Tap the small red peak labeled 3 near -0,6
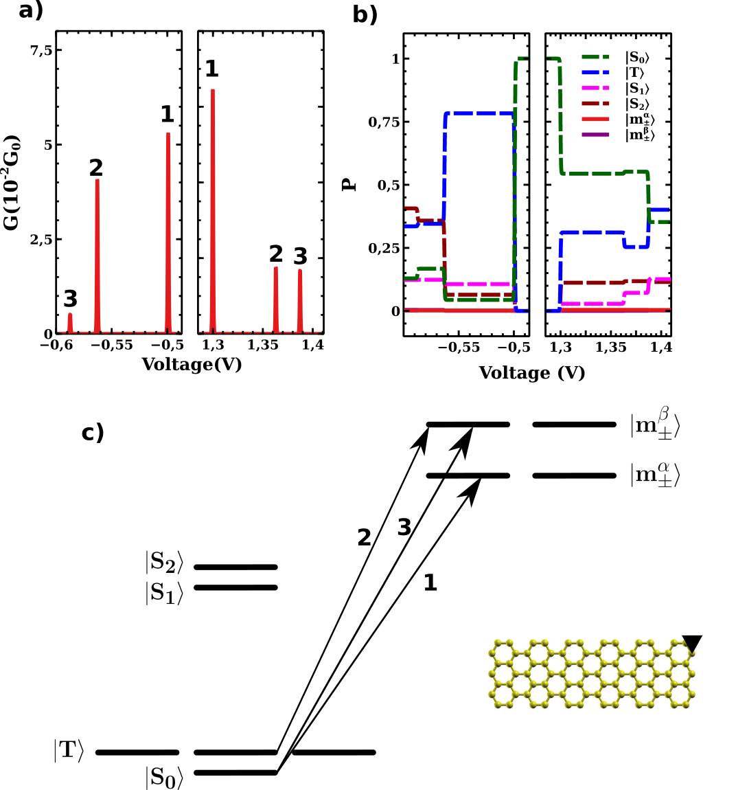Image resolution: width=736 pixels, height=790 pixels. [x=70, y=323]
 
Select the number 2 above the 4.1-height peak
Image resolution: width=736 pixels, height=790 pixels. [x=96, y=168]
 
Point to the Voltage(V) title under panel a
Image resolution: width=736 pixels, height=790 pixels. [x=192, y=364]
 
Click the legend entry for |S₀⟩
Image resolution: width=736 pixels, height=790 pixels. [x=639, y=58]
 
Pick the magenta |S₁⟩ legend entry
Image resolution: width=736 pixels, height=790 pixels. [x=637, y=89]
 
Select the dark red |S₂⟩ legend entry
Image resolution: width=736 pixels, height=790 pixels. [x=637, y=104]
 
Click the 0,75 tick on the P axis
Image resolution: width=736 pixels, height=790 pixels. [x=384, y=122]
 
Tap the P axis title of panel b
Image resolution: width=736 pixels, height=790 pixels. [x=350, y=184]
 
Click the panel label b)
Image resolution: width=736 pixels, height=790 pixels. [x=365, y=14]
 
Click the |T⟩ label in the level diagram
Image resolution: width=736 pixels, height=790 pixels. [x=69, y=750]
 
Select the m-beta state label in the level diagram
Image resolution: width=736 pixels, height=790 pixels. [x=655, y=425]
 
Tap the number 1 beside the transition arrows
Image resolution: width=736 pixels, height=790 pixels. [x=430, y=583]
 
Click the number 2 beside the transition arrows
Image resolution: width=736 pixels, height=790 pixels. [x=364, y=537]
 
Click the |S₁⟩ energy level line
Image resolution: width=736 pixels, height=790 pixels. [x=235, y=587]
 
